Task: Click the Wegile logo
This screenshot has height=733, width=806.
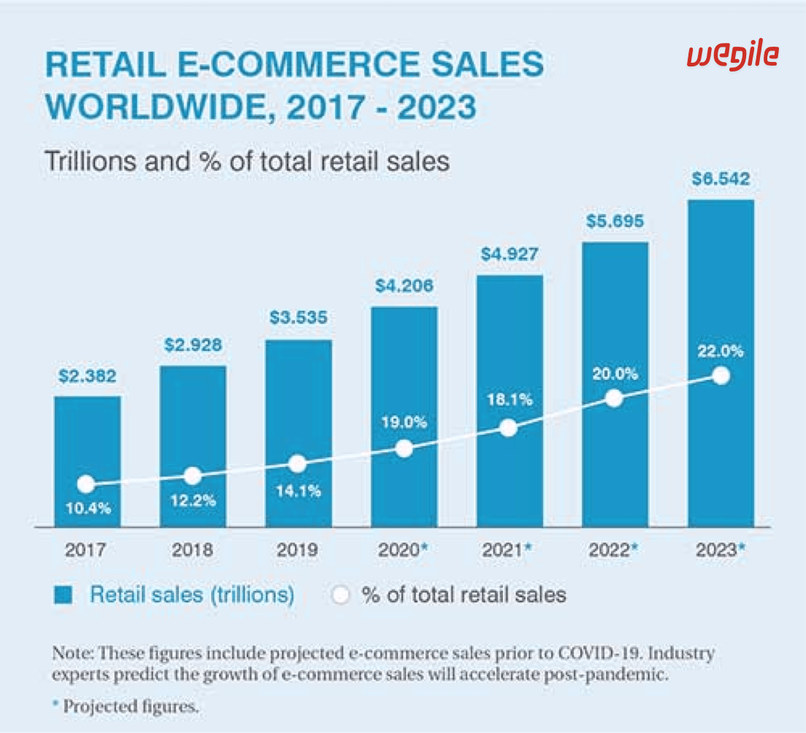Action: tap(733, 55)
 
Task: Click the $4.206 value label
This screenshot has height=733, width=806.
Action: tap(404, 286)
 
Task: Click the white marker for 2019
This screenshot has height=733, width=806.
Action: tap(297, 464)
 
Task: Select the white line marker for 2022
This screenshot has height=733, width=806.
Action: tap(615, 398)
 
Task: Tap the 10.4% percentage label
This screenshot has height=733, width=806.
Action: tap(87, 508)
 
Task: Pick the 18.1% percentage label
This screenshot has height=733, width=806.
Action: tap(509, 400)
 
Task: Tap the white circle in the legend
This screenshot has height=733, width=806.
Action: tap(340, 595)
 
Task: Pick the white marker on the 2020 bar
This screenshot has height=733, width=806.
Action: tap(404, 449)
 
